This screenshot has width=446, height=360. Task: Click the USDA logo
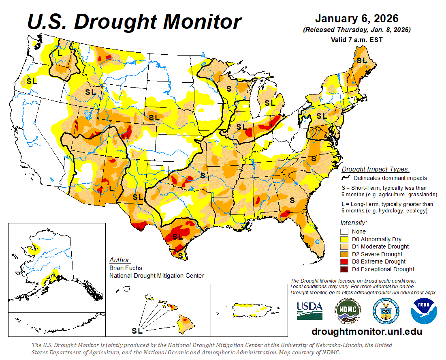tap(309, 311)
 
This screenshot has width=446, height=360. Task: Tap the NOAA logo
tap(424, 311)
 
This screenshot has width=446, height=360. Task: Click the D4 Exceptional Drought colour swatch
tap(344, 269)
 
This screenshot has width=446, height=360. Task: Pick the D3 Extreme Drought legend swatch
tap(344, 261)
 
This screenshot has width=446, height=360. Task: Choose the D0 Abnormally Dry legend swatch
tap(344, 239)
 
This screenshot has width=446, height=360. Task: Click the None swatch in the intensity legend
tap(344, 231)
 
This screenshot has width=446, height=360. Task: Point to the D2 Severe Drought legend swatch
tap(344, 254)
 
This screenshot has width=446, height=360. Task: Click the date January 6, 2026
tap(356, 19)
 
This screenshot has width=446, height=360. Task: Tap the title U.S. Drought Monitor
tap(134, 21)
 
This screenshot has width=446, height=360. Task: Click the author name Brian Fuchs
tap(126, 268)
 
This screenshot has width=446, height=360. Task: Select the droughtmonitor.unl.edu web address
tap(367, 332)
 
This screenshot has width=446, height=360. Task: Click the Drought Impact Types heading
tap(375, 169)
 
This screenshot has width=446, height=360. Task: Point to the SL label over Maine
tap(361, 60)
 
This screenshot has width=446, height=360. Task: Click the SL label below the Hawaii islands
tap(137, 331)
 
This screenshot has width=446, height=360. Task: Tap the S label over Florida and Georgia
tap(292, 200)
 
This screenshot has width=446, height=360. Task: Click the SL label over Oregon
tap(32, 81)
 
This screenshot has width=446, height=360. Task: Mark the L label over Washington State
tap(60, 53)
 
